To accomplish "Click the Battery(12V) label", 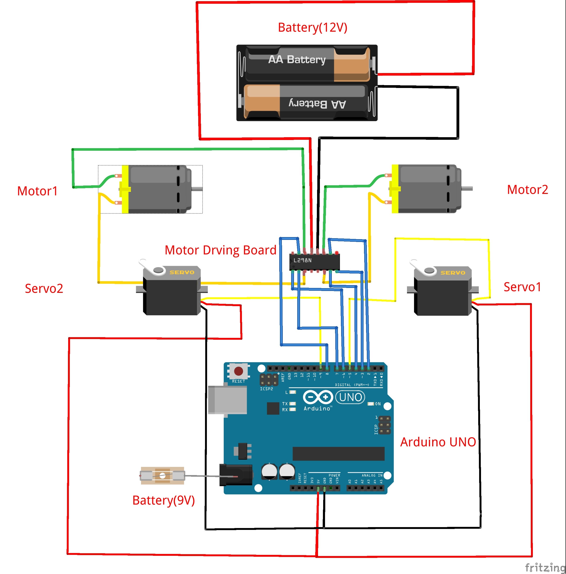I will click(x=312, y=27).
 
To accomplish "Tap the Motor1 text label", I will click(x=37, y=191).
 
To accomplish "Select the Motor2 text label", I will click(x=527, y=189).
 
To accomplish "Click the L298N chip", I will click(x=315, y=262).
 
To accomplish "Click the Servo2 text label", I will click(x=44, y=288).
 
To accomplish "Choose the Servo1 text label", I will click(x=522, y=287).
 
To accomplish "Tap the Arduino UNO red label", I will click(x=438, y=442).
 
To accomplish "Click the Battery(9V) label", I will click(x=163, y=500).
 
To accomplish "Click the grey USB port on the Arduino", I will click(x=227, y=400).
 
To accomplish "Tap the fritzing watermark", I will click(x=545, y=567).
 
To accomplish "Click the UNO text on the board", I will click(x=350, y=397).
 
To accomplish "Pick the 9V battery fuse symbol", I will click(x=162, y=476).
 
